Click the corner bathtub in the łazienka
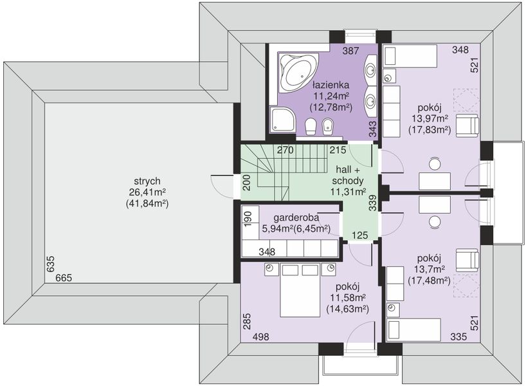(298, 72)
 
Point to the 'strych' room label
(147, 181)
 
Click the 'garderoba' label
(296, 217)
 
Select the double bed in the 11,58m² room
(300, 290)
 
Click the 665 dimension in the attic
(64, 278)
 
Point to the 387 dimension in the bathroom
(350, 51)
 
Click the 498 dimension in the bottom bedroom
(260, 336)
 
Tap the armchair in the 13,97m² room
(467, 125)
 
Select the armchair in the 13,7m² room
(467, 260)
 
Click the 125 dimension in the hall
(360, 235)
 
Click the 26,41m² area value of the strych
(147, 192)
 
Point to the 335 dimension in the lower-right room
(458, 336)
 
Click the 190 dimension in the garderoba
(248, 219)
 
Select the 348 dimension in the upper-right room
(460, 50)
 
